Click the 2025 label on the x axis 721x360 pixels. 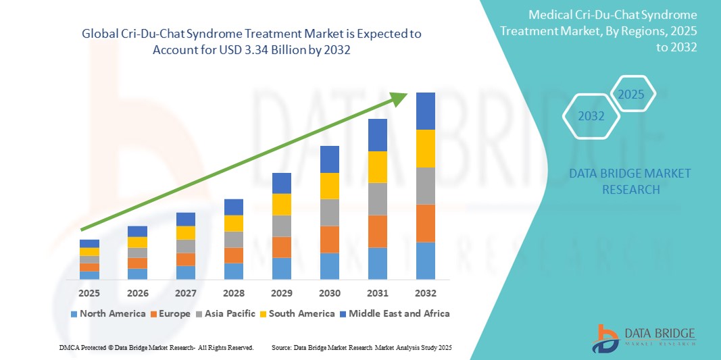coord(89,294)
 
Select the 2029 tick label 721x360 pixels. coord(282,294)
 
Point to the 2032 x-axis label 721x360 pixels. coord(426,294)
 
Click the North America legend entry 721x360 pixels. coord(107,313)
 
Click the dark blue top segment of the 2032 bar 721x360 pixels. coord(426,111)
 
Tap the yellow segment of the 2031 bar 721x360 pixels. coord(378,167)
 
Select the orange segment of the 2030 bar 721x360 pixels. coord(329,239)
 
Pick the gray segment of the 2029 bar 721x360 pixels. coord(282,226)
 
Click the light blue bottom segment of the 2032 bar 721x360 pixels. coord(426,261)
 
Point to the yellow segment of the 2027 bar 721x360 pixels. coord(186,232)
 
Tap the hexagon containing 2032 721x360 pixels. coord(591,116)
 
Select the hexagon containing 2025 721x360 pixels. coord(631,95)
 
